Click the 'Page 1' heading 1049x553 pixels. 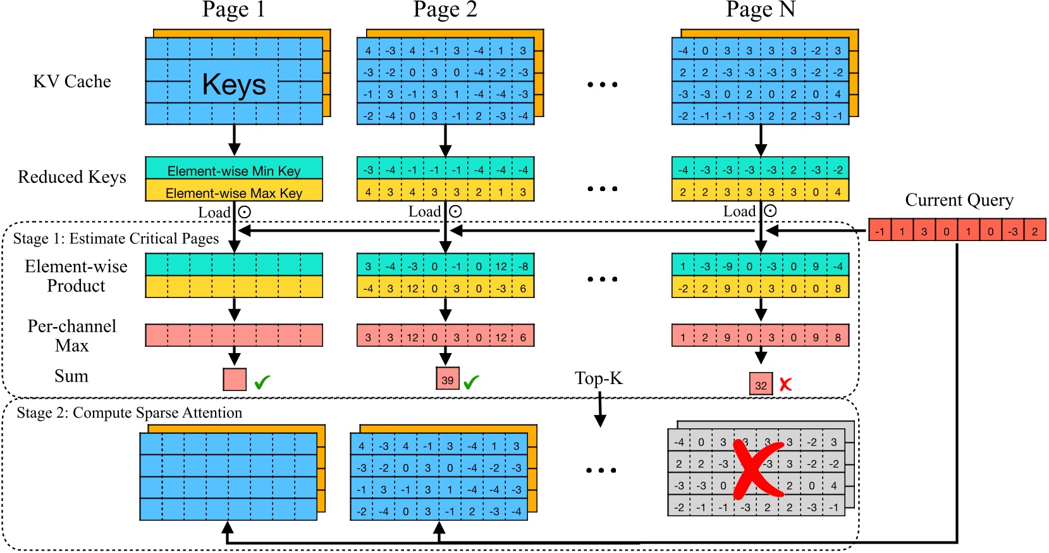click(233, 9)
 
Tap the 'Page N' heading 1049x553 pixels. click(760, 9)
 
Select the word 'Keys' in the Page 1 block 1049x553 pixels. click(234, 84)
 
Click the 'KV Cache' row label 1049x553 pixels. click(71, 82)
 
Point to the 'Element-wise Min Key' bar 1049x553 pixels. click(234, 170)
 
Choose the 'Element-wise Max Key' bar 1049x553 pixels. click(234, 192)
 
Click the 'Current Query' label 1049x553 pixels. click(959, 200)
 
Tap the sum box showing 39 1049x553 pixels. click(448, 380)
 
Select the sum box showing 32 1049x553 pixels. click(761, 385)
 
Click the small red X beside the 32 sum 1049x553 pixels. click(785, 384)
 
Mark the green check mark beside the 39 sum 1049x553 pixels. click(471, 382)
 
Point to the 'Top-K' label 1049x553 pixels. click(598, 378)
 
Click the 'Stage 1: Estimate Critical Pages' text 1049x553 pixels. click(116, 239)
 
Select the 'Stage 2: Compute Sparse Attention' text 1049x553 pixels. click(129, 413)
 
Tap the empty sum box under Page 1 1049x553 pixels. click(235, 379)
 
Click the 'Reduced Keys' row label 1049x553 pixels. click(71, 177)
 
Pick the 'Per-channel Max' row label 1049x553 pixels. click(71, 335)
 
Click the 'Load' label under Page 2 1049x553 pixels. click(424, 212)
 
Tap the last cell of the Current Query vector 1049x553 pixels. click(1034, 230)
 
